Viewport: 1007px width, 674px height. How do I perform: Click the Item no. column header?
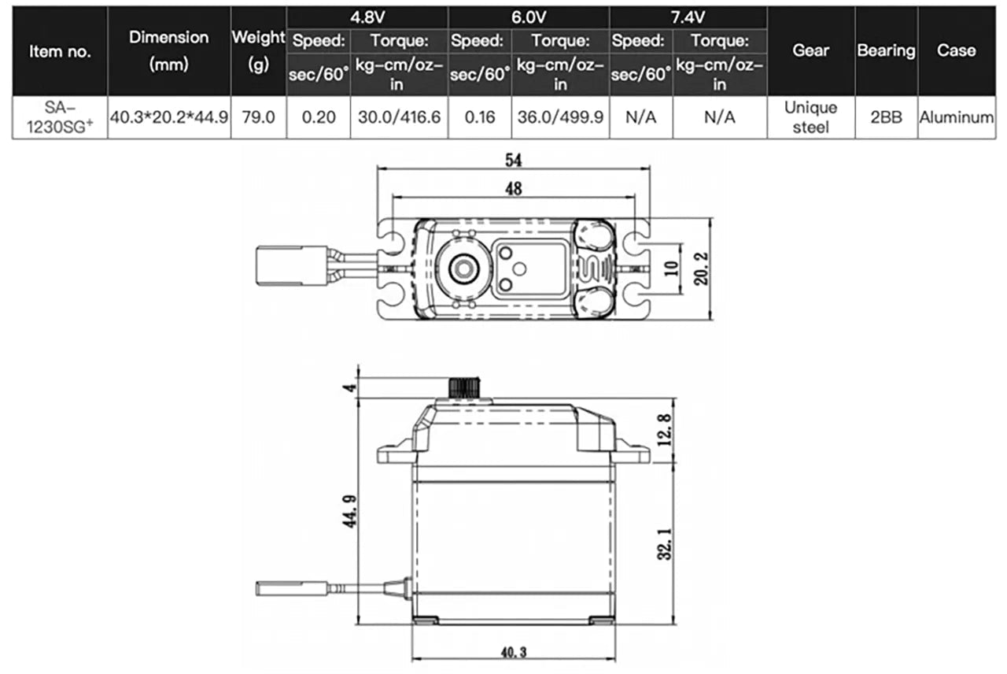[60, 51]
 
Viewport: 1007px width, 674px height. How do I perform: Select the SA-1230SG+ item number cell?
[60, 117]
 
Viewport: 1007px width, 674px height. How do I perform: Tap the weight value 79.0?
[258, 117]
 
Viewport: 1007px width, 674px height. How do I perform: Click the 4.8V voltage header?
[367, 17]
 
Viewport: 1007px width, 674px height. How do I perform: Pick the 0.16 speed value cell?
[480, 117]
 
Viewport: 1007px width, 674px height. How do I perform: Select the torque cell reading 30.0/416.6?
[399, 117]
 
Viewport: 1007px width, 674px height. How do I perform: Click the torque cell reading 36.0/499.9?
[560, 117]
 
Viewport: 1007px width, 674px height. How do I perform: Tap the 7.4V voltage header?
[688, 17]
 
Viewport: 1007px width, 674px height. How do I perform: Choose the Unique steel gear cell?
[810, 117]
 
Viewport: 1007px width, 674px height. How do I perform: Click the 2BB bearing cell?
[886, 117]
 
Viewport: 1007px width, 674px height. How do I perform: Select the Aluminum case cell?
[956, 117]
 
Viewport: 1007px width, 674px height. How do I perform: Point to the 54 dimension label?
[514, 160]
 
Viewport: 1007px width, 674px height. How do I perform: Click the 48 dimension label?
[514, 188]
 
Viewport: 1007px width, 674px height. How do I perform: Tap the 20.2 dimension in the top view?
[702, 268]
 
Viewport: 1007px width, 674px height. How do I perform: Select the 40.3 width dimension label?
[513, 652]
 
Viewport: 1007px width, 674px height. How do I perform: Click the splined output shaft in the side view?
[463, 387]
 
